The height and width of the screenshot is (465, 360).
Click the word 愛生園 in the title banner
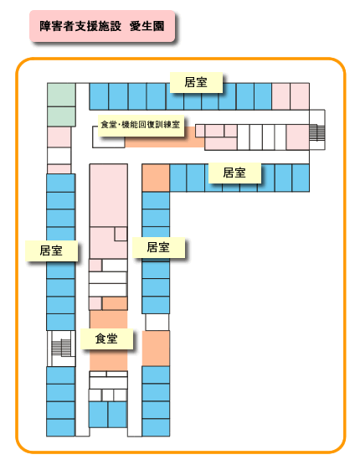pyautogui.click(x=147, y=26)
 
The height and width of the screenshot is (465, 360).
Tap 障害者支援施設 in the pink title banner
pyautogui.click(x=80, y=26)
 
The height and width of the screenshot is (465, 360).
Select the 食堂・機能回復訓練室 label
pyautogui.click(x=141, y=125)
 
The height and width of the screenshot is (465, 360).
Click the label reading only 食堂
pyautogui.click(x=106, y=338)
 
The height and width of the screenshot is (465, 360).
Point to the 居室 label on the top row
pyautogui.click(x=196, y=82)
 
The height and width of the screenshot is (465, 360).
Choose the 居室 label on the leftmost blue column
pyautogui.click(x=51, y=251)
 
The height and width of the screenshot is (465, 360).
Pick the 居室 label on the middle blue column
pyautogui.click(x=158, y=247)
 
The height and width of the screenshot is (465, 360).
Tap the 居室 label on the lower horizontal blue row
pyautogui.click(x=234, y=173)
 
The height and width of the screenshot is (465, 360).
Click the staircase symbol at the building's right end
pyautogui.click(x=317, y=132)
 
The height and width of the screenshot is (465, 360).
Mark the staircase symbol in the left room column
pyautogui.click(x=61, y=348)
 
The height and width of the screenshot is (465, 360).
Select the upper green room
pyautogui.click(x=61, y=95)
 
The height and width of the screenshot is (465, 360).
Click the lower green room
pyautogui.click(x=61, y=116)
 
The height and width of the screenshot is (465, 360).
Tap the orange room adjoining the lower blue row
pyautogui.click(x=156, y=178)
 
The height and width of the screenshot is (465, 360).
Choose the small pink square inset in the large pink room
pyautogui.click(x=121, y=234)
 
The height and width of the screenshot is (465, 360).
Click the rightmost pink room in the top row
pyautogui.click(x=300, y=96)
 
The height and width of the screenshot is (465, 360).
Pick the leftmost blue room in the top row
pyautogui.click(x=99, y=96)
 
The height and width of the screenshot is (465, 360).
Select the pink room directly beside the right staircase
pyautogui.click(x=298, y=137)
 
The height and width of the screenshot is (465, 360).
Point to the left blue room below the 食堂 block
pyautogui.click(x=98, y=414)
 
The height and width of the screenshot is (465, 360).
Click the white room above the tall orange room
pyautogui.click(x=157, y=322)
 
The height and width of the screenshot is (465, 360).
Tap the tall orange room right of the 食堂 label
pyautogui.click(x=156, y=349)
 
